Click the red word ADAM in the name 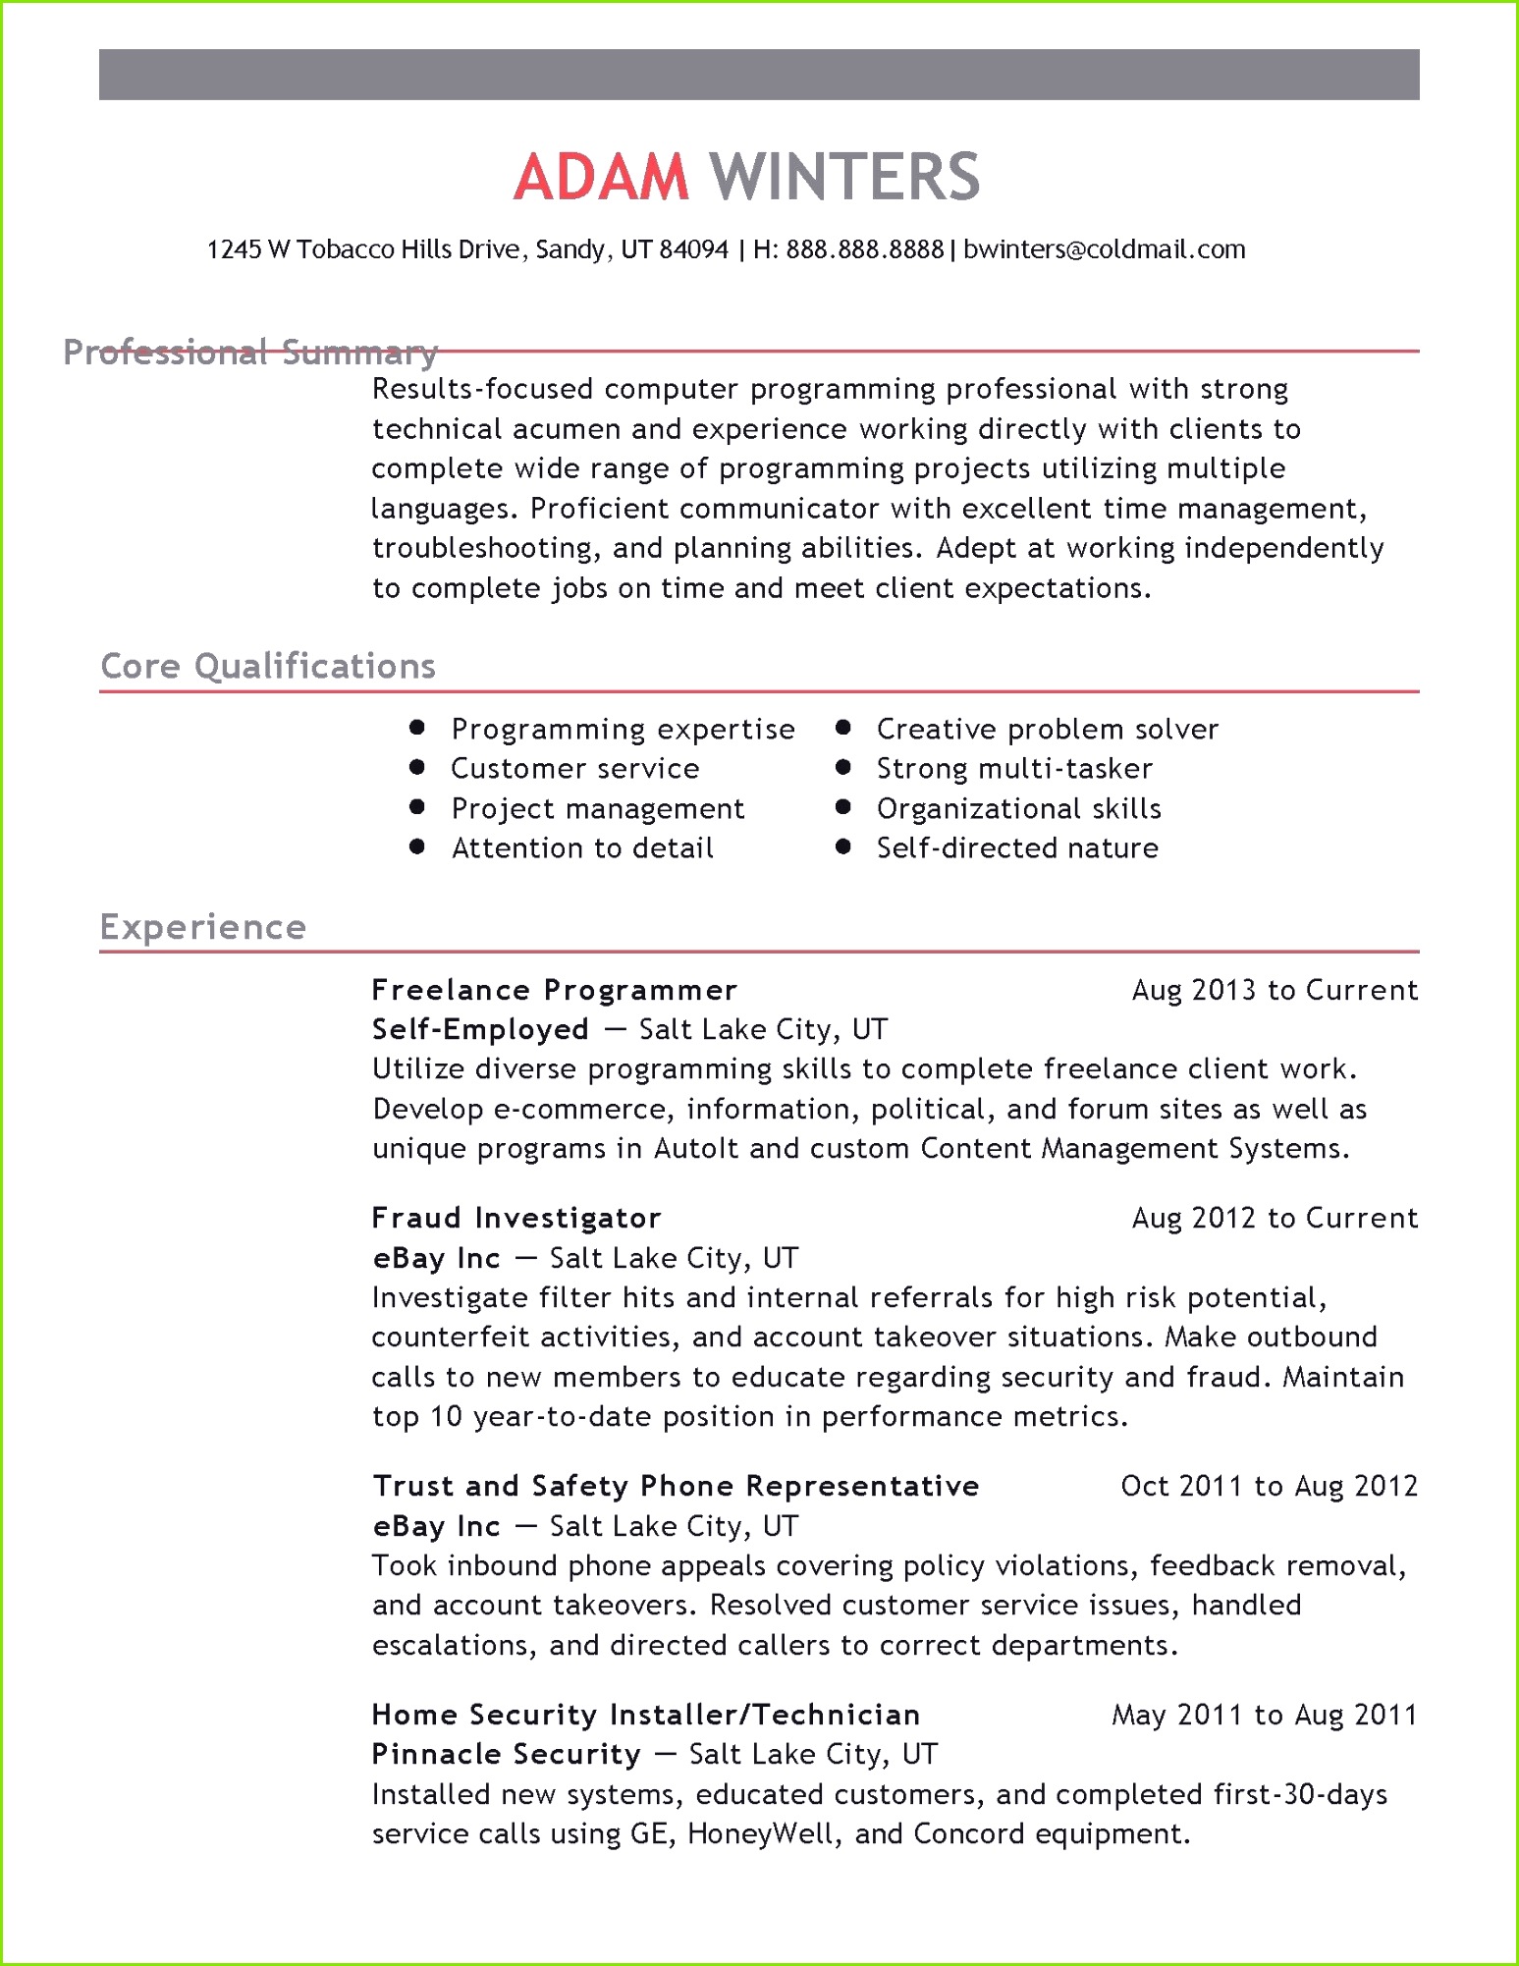tap(601, 178)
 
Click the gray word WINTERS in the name tap(844, 178)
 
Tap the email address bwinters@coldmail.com tap(1104, 249)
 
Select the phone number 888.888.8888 tap(864, 249)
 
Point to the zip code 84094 tap(693, 249)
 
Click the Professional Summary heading tap(249, 352)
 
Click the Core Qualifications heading tap(268, 666)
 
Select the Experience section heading tap(203, 927)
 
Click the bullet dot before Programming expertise tap(417, 728)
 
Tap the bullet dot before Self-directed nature tap(842, 846)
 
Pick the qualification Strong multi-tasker tap(1014, 768)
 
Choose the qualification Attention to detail tap(582, 847)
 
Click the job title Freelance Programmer tap(555, 990)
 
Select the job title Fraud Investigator tap(516, 1218)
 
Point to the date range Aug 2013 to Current tap(1275, 990)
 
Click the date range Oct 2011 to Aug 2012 tap(1269, 1486)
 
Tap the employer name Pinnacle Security tap(506, 1754)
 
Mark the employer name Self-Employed tap(480, 1029)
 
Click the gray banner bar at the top tap(759, 75)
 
